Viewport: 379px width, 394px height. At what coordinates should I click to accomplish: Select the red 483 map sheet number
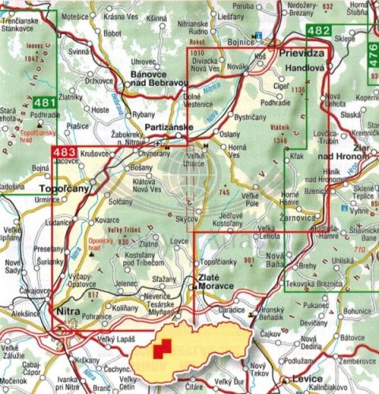coord(64,152)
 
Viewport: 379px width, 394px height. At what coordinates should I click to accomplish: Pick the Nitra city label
coord(69,312)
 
